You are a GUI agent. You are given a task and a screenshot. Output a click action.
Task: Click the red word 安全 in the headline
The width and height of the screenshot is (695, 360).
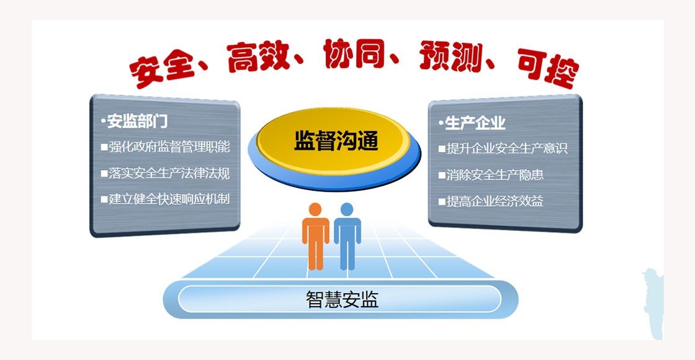pyautogui.click(x=162, y=71)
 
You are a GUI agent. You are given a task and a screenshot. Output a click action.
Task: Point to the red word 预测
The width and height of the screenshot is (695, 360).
pyautogui.click(x=450, y=56)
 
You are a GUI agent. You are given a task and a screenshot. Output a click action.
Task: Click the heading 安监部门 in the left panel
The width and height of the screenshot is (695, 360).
pyautogui.click(x=137, y=121)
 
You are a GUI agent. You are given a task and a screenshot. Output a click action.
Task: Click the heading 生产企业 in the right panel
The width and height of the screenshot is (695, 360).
pyautogui.click(x=475, y=123)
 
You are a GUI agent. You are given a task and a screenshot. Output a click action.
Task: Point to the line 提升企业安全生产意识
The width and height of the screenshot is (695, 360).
pyautogui.click(x=506, y=148)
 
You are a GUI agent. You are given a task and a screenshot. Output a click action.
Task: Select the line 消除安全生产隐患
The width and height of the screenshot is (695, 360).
pyautogui.click(x=495, y=174)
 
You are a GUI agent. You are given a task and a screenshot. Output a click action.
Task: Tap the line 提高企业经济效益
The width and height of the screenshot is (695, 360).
pyautogui.click(x=495, y=201)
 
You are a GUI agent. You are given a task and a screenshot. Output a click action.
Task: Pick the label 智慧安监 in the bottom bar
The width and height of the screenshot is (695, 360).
pyautogui.click(x=342, y=299)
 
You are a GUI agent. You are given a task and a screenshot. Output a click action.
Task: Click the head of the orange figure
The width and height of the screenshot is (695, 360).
pyautogui.click(x=315, y=209)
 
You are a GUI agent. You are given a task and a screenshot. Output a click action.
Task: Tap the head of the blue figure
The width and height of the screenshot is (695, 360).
pyautogui.click(x=347, y=209)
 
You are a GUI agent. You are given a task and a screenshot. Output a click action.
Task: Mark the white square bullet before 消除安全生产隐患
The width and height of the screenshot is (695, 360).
pyautogui.click(x=442, y=175)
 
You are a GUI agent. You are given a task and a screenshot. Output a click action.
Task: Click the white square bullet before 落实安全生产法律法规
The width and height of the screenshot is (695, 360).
pyautogui.click(x=104, y=173)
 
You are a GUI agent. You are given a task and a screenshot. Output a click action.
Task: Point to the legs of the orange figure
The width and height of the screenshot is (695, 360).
pyautogui.click(x=316, y=255)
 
